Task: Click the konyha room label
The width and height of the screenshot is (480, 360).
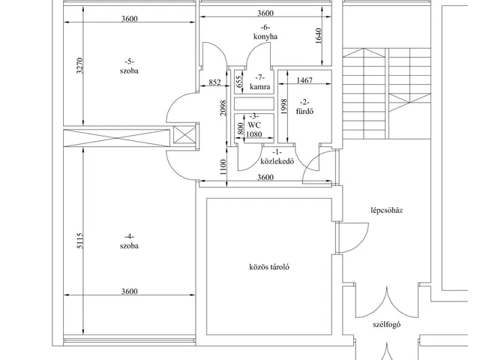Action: (x=265, y=35)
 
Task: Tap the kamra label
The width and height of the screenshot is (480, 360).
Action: (x=259, y=88)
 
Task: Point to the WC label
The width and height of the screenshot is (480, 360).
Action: (x=254, y=125)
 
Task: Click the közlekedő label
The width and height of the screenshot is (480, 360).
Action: (x=276, y=160)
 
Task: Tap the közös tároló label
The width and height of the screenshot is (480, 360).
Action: (x=269, y=267)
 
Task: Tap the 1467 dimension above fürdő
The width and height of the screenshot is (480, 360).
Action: (x=304, y=80)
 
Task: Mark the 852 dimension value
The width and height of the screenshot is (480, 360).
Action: (x=214, y=82)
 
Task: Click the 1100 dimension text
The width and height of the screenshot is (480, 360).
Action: (x=223, y=168)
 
